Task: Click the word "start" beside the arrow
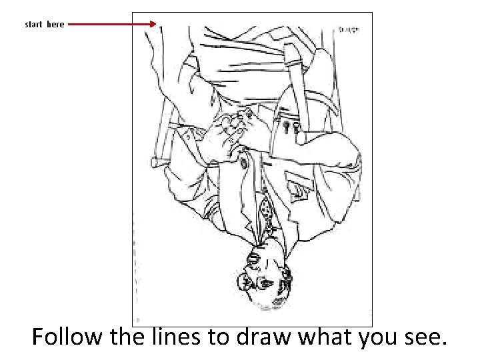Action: pyautogui.click(x=33, y=25)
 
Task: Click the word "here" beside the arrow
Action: pyautogui.click(x=55, y=25)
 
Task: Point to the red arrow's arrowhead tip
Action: pyautogui.click(x=156, y=25)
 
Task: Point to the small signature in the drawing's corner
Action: pyautogui.click(x=349, y=29)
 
